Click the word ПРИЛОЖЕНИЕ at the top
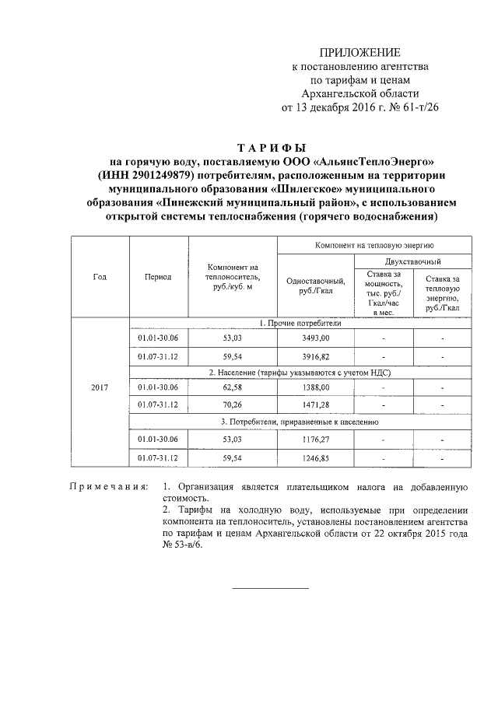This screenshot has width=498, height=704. coord(364,52)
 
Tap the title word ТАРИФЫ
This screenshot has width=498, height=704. coord(272,147)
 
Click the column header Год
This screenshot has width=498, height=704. coord(100,276)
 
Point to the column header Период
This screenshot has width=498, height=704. coord(158,276)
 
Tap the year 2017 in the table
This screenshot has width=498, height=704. coord(100,387)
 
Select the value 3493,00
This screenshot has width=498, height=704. coord(315,338)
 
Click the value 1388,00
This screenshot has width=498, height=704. coord(315,387)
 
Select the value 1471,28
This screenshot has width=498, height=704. coord(315,405)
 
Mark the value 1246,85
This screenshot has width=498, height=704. coord(315,458)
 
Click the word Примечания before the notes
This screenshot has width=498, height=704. coord(109,487)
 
